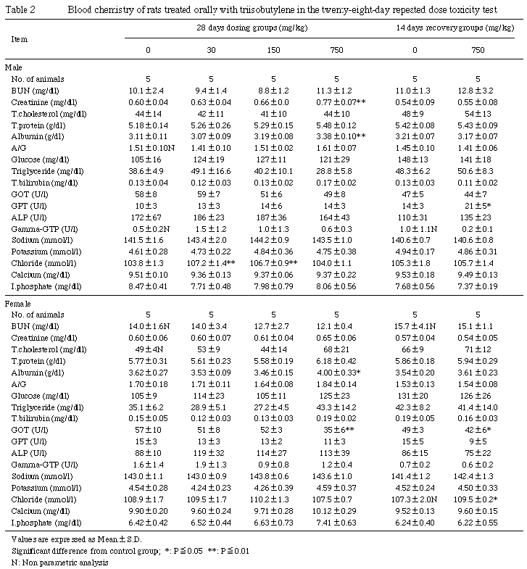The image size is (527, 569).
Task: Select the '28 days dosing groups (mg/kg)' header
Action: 242,27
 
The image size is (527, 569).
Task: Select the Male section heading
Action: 13,67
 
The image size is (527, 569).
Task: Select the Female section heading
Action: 17,304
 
